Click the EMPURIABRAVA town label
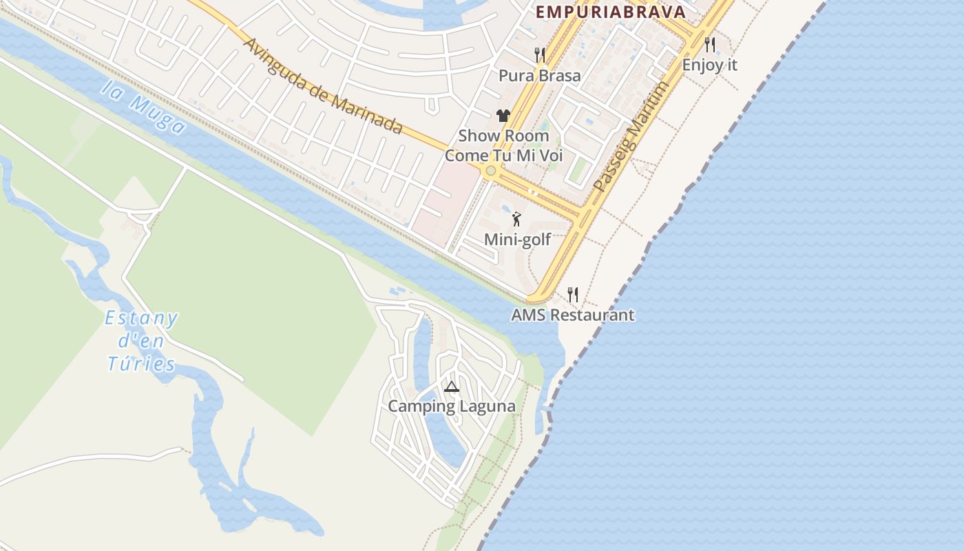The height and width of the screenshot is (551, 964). coord(611,12)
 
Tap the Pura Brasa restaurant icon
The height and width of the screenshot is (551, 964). coord(540,54)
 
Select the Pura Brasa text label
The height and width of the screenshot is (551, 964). coord(540,75)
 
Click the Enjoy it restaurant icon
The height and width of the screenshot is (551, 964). coord(710,45)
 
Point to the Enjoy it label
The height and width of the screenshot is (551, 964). coord(710,65)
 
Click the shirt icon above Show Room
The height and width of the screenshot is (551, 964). coord(503,116)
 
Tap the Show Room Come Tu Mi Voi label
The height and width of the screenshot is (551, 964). coord(504,145)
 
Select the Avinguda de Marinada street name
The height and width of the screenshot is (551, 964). coord(323,85)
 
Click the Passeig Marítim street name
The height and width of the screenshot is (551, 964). coord(631,137)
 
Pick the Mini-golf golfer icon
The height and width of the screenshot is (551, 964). coord(516,219)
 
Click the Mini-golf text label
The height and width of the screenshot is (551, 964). coord(518,240)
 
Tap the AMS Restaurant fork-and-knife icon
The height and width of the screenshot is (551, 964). coord(573,295)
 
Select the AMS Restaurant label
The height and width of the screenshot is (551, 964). coord(573,315)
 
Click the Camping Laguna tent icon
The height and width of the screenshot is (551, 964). coord(451,386)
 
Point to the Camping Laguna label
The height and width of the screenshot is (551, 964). coord(451,406)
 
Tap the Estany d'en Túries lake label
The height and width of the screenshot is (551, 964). coord(141,341)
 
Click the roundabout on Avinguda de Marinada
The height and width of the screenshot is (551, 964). coord(490,171)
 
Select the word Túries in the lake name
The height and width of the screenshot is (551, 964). coord(141,364)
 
